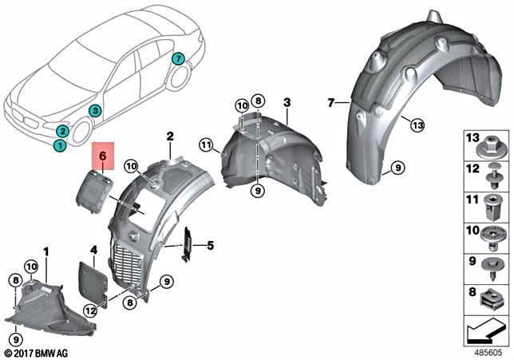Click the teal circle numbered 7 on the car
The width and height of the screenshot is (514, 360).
point(178,59)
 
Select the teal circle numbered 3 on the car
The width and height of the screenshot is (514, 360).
point(95,111)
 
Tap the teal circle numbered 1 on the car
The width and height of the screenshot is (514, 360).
point(59,144)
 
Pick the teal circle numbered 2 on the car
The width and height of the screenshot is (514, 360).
point(62,131)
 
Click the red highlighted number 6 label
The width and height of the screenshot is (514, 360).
point(103,156)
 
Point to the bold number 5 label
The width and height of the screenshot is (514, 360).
point(210,245)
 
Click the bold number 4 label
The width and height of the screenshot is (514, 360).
point(93,251)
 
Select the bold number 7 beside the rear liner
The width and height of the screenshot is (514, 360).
point(331,103)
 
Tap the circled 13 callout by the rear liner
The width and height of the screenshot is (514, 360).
point(417,125)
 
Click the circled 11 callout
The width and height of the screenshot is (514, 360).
point(206,144)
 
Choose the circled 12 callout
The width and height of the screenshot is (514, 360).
point(90,310)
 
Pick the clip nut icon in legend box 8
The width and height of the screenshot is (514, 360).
point(489,299)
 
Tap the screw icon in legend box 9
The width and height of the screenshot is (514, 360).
point(490,270)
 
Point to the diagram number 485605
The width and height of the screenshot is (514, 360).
point(488,353)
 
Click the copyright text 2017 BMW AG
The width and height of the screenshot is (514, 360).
point(37,354)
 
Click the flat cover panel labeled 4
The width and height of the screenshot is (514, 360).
point(93,281)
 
